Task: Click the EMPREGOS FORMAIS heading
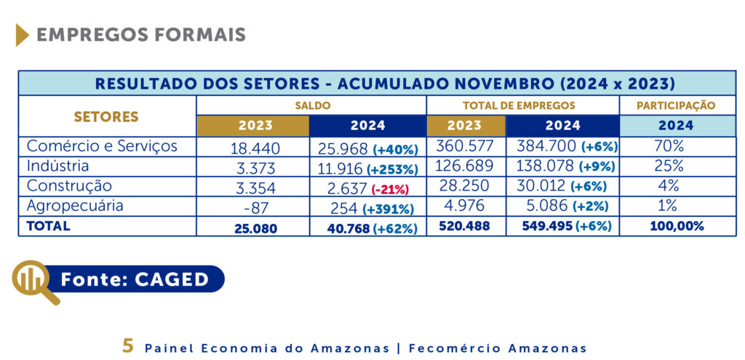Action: [x=140, y=35]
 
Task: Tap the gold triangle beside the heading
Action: [x=22, y=35]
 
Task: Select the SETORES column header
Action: [x=106, y=116]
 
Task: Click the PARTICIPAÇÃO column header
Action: [x=676, y=105]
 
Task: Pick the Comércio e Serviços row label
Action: [x=102, y=146]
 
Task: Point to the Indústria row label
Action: [x=57, y=166]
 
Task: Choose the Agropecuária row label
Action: [x=75, y=206]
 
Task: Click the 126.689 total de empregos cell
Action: [x=464, y=167]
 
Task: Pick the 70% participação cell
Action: [x=669, y=147]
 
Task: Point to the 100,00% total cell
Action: [x=676, y=226]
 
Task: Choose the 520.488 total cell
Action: [x=464, y=226]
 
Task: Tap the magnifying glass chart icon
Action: [x=33, y=280]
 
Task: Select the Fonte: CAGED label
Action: [x=135, y=279]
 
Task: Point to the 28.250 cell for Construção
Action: [x=464, y=186]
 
